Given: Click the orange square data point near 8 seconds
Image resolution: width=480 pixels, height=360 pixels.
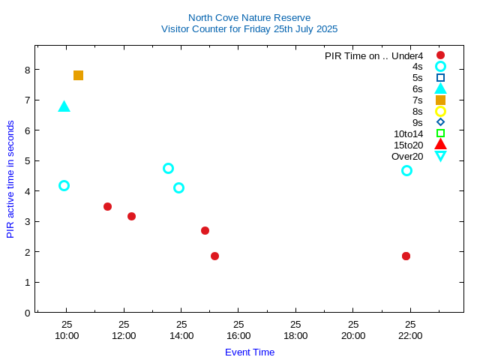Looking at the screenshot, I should (78, 75).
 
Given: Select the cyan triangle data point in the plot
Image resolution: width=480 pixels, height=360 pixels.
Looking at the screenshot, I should (64, 106).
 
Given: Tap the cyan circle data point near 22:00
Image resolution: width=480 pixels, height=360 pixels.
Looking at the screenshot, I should (406, 170).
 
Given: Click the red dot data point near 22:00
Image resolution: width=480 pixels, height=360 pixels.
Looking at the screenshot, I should (406, 256).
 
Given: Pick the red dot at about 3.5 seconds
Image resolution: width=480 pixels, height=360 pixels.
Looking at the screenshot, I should (107, 206).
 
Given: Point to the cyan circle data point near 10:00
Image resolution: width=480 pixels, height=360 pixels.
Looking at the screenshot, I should (64, 185).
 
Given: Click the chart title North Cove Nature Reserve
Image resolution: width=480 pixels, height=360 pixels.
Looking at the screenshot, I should (249, 17).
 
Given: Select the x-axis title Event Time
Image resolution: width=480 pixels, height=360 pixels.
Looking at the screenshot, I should (250, 352).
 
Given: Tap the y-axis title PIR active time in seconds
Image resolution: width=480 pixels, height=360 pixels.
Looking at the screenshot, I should (10, 179).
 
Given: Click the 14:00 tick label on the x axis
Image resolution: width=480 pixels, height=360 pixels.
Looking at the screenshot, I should (181, 335).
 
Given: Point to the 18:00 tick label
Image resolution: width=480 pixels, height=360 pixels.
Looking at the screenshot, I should (295, 335).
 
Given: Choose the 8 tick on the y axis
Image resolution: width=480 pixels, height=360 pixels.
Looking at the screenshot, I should (27, 70).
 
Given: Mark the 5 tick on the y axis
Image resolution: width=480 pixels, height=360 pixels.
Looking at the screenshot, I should (27, 160).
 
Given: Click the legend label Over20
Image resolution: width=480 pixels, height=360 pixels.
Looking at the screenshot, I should (407, 156).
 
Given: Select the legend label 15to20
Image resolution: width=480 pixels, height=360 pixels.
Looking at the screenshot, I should (408, 145).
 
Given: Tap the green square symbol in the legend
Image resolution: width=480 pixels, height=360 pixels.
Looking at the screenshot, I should (440, 133).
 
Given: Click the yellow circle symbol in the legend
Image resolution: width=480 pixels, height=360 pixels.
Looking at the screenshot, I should (440, 111).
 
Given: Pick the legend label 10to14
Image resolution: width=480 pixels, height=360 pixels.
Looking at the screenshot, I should (408, 133).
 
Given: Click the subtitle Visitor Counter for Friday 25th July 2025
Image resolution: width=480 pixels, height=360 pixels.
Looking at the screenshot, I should (249, 29).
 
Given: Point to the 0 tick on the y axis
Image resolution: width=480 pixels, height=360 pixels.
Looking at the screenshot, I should (27, 313).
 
